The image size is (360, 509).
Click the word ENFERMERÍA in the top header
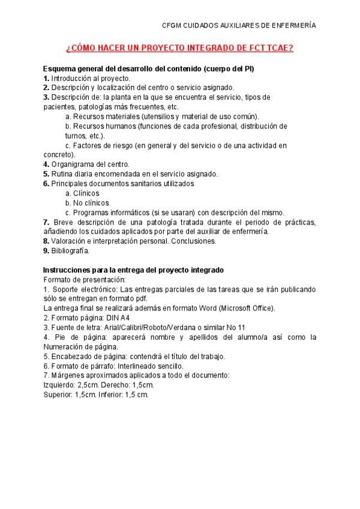coord(292,25)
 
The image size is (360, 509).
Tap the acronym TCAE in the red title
coord(277,48)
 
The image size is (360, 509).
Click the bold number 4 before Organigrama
coord(46,164)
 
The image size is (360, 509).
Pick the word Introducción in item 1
coord(71,79)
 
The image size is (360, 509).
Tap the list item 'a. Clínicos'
coord(82,193)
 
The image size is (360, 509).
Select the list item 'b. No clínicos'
coord(87,203)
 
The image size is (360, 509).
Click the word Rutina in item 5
coord(61,174)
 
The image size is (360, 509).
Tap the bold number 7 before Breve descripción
coord(46,222)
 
